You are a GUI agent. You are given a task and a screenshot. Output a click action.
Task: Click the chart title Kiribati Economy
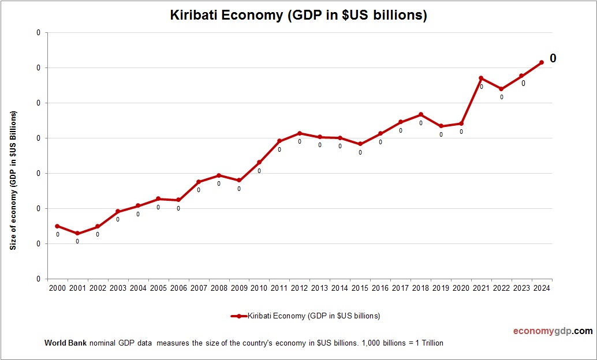tap(298, 16)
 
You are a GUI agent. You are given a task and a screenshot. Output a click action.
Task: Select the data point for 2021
tap(481, 78)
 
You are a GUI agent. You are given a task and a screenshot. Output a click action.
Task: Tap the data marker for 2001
tap(77, 234)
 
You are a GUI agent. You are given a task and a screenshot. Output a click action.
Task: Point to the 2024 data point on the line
tap(542, 62)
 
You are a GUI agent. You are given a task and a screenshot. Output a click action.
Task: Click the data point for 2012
tap(300, 133)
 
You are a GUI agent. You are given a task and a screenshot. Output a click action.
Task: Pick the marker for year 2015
tap(360, 144)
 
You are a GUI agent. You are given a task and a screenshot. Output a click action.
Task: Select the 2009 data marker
tap(239, 181)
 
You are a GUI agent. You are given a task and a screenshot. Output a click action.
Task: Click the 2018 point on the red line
tap(421, 114)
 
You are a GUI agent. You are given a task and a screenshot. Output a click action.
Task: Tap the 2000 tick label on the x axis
tap(57, 288)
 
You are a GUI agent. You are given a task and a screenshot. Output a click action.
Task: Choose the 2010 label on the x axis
tap(259, 288)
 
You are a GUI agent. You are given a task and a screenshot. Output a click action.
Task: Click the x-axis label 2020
tap(461, 288)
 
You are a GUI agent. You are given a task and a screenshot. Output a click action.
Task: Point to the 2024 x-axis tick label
tap(542, 288)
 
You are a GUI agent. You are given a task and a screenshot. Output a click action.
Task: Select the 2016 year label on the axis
tap(380, 288)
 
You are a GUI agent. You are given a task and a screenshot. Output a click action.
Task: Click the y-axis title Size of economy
tap(13, 180)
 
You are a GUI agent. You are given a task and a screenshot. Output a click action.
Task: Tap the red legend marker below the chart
tap(238, 316)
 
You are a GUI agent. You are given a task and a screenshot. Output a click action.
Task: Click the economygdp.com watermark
tap(553, 331)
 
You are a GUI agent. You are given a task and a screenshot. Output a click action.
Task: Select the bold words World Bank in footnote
tap(65, 343)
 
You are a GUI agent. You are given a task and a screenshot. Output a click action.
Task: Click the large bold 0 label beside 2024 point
tap(553, 58)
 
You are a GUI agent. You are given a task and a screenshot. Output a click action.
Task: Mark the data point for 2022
tap(501, 89)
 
